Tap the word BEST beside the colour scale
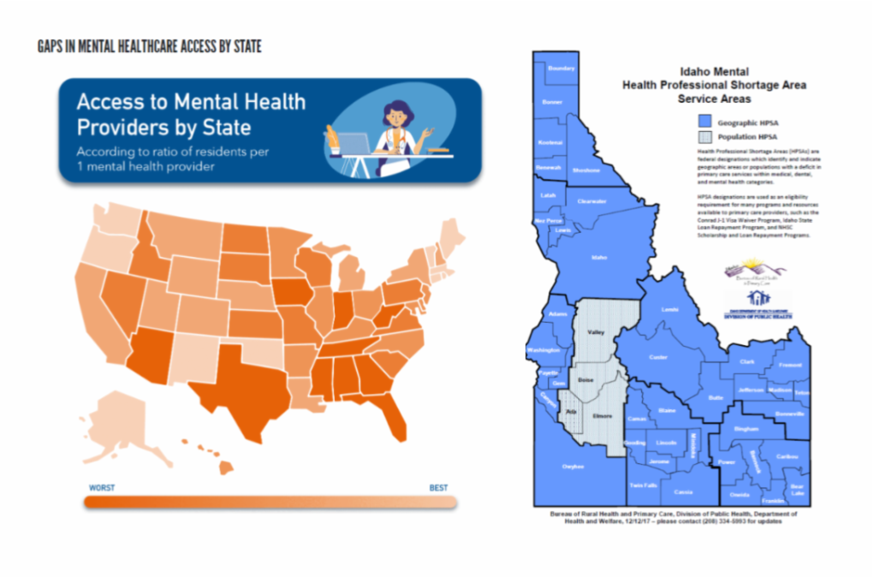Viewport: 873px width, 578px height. tap(438, 488)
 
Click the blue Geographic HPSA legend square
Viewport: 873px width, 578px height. tap(704, 121)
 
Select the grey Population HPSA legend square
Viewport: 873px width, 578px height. tap(704, 137)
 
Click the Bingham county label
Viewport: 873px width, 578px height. tap(746, 426)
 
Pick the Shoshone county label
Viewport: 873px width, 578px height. tap(585, 170)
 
